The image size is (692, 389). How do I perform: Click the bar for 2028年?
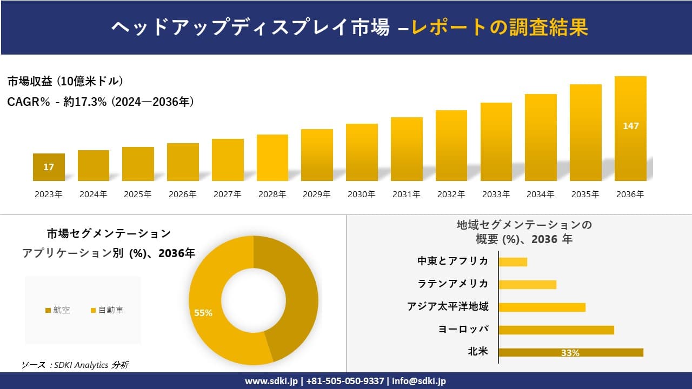click(x=272, y=158)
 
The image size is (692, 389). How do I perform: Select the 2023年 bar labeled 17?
click(x=49, y=167)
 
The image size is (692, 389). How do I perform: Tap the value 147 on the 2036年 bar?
click(x=631, y=126)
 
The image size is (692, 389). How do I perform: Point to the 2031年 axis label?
click(x=406, y=194)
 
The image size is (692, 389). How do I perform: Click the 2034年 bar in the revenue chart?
click(x=541, y=138)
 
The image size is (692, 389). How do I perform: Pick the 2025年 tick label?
click(x=138, y=194)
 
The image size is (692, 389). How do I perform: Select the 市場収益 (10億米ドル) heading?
click(x=65, y=82)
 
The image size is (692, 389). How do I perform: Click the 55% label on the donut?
click(x=203, y=313)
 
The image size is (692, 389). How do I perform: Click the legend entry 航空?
click(x=57, y=310)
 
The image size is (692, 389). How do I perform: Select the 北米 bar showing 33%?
click(x=570, y=352)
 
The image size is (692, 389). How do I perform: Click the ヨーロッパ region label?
click(x=463, y=329)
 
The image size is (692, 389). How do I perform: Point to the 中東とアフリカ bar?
click(x=513, y=262)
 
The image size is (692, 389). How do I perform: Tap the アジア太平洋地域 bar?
click(x=542, y=307)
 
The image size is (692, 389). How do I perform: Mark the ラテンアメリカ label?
click(x=453, y=284)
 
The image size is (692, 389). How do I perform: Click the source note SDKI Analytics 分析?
click(x=75, y=365)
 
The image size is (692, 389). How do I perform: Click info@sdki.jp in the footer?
click(x=420, y=381)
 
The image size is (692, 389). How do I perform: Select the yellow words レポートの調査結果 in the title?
click(x=500, y=28)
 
